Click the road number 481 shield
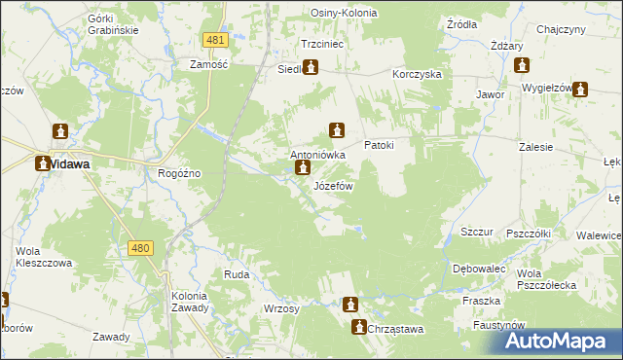tap(216, 40)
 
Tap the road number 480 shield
tap(140, 249)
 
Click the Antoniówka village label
tap(318, 155)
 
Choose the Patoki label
tap(379, 145)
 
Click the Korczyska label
tap(418, 74)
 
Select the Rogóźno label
tap(179, 173)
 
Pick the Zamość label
tap(207, 63)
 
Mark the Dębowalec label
tap(477, 268)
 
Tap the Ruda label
tap(237, 275)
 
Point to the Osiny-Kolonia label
tap(344, 13)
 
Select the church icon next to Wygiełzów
tap(581, 90)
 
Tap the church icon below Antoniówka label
tap(303, 170)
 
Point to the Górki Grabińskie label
tap(113, 24)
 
